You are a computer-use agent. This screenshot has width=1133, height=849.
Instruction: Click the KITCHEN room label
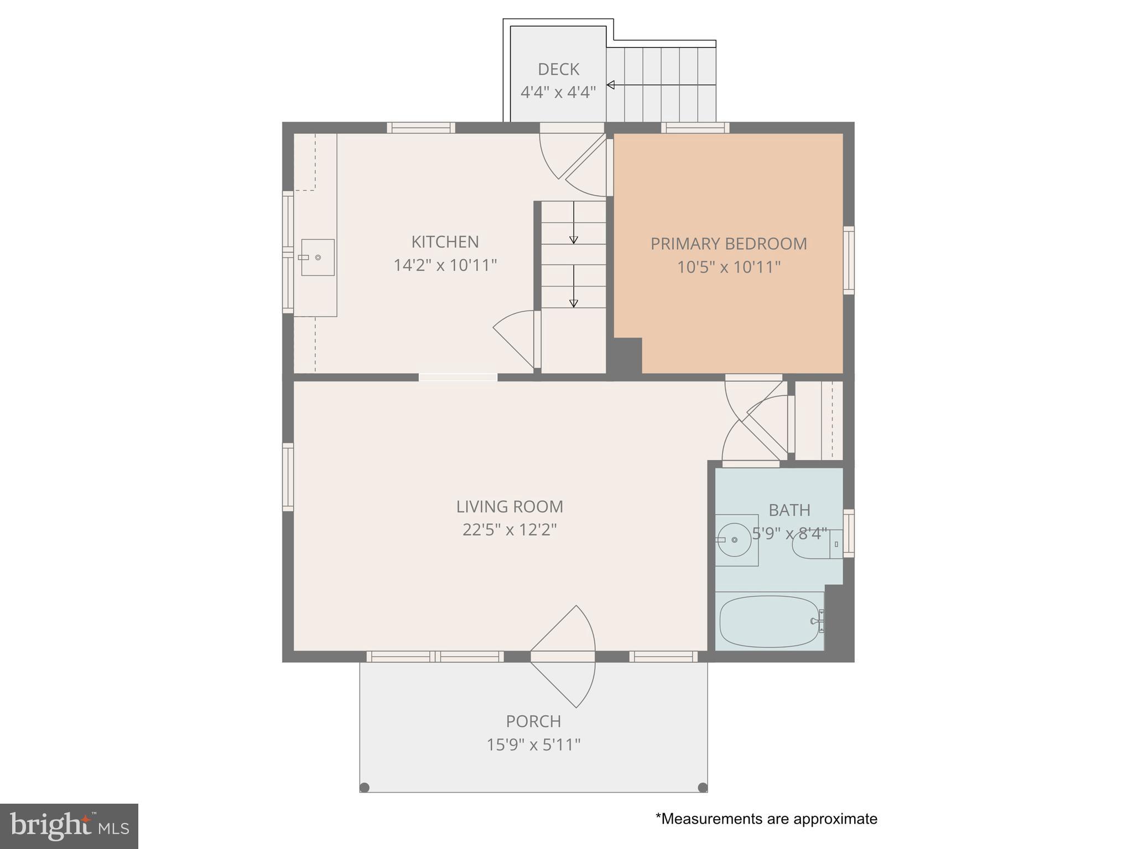(445, 242)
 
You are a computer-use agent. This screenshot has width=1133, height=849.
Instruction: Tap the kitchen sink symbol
(318, 257)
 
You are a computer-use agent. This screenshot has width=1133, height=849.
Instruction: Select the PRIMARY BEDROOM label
(728, 244)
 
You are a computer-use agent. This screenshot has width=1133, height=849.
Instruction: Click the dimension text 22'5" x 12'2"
(509, 530)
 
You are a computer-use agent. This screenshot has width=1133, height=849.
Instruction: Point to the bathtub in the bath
(769, 621)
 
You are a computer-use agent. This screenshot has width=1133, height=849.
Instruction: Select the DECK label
(558, 69)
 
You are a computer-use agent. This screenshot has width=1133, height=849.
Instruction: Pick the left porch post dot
(364, 787)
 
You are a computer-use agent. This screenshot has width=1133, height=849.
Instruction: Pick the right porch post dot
(703, 787)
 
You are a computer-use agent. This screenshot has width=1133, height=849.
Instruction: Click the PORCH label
(533, 721)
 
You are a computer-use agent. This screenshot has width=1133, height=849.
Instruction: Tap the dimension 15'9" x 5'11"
(533, 745)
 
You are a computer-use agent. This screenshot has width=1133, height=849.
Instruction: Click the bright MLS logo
(69, 826)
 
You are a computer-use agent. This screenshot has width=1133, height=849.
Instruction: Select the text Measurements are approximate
(766, 819)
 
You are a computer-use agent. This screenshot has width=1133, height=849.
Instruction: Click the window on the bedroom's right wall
(848, 260)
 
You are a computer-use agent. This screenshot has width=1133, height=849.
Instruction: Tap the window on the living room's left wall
(288, 476)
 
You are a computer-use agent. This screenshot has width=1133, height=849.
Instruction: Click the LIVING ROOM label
(509, 506)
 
